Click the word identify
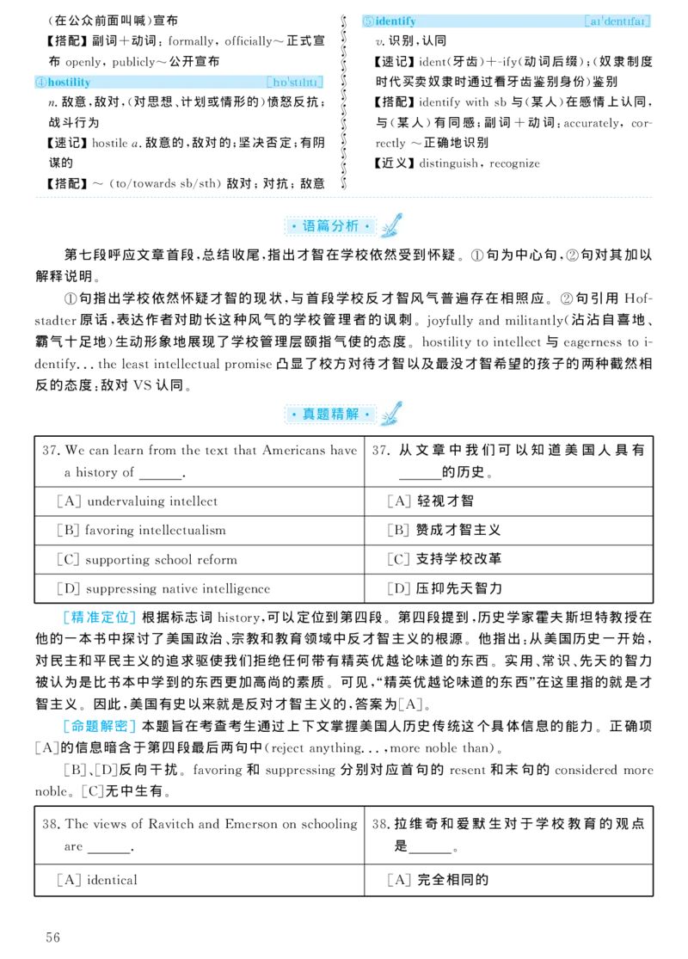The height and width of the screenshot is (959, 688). coord(396,21)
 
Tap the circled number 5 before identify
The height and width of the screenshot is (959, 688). coord(368,21)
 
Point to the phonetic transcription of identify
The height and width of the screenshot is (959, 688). coord(617,21)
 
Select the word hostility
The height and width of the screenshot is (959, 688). coord(69,83)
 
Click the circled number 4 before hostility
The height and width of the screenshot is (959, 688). coord(40,83)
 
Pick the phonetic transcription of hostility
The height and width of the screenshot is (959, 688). coord(295,83)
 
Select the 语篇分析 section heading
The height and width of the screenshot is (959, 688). coord(330,226)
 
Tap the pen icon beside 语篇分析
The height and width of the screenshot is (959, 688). coord(390,226)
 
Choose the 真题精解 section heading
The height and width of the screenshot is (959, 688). coord(330,415)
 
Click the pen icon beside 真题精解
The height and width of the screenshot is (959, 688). coord(390,415)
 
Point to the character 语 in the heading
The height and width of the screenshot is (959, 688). coord(310,226)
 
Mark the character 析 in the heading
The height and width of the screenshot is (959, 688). coord(352,226)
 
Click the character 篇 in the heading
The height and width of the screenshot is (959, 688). coord(323,226)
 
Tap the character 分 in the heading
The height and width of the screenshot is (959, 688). coord(338,226)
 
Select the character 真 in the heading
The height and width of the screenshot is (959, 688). coord(310,415)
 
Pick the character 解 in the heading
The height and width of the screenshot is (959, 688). coord(352,415)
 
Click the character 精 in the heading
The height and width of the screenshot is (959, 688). coord(338,415)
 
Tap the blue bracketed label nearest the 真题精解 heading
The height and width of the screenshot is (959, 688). coord(100,617)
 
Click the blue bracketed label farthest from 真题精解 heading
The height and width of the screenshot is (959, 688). coord(100,727)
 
